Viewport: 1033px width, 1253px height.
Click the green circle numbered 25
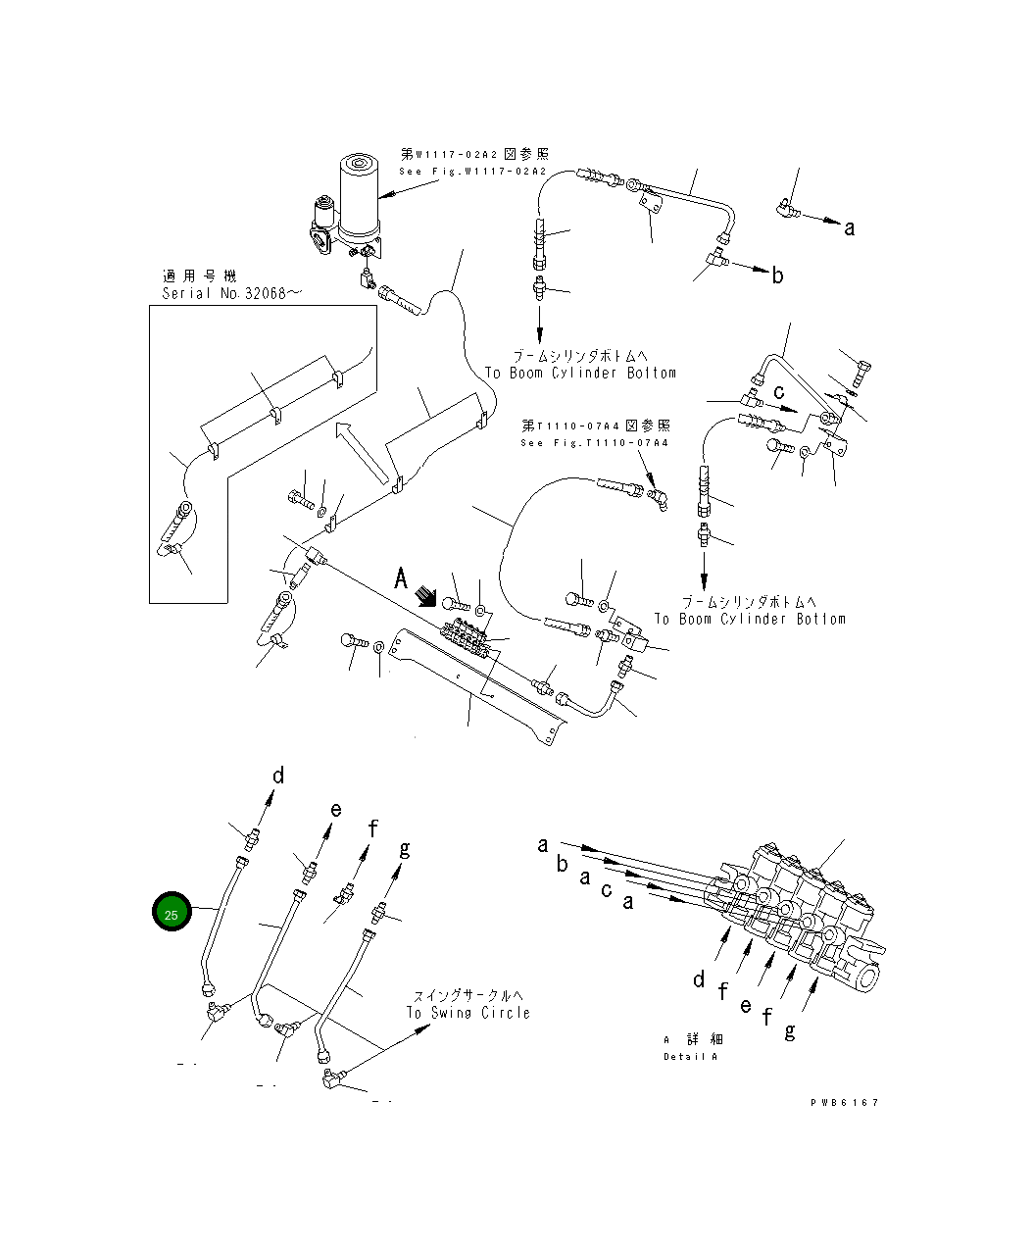point(172,914)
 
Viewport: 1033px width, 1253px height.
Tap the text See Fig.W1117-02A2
point(472,172)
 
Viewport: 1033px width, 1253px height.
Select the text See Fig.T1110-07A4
point(595,443)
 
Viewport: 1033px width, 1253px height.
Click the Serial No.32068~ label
point(225,294)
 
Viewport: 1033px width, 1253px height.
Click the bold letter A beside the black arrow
point(401,579)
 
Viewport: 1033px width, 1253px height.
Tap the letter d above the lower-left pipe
point(278,777)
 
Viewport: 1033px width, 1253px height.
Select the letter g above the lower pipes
point(404,848)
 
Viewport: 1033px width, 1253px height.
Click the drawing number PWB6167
point(844,1103)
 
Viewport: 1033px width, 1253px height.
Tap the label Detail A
point(690,1057)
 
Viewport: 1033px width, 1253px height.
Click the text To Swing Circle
point(468,1013)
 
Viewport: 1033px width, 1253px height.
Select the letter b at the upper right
point(777,276)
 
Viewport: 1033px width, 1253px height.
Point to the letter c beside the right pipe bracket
point(779,392)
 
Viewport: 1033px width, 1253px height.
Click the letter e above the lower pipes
point(335,810)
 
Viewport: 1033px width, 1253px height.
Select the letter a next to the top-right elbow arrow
point(849,228)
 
